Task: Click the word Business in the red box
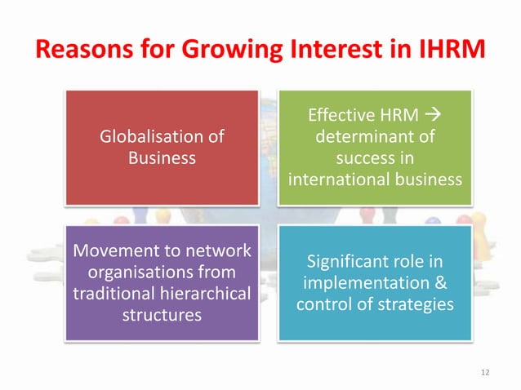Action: (162, 158)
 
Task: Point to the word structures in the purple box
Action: (162, 314)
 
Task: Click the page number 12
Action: (486, 373)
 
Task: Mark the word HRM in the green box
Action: (394, 117)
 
